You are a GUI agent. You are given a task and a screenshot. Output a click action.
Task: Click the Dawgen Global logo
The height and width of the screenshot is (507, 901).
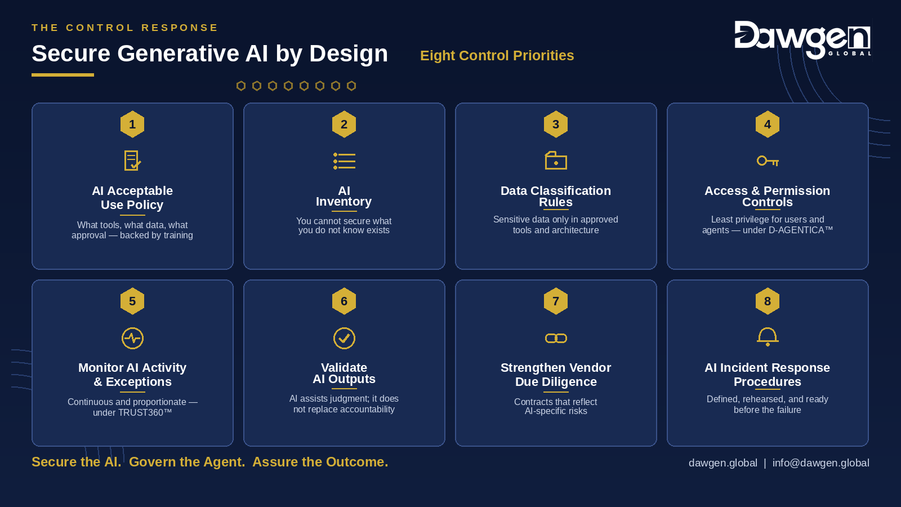[x=802, y=39]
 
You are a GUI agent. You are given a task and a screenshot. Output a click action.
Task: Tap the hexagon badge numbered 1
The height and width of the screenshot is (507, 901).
[x=132, y=124]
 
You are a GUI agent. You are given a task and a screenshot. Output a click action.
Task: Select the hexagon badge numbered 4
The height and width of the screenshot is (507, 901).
[x=768, y=124]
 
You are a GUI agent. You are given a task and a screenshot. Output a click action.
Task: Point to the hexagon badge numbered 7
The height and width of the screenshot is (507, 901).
[x=556, y=301]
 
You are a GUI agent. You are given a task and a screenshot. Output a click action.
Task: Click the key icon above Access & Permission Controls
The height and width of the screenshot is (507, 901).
[x=768, y=161]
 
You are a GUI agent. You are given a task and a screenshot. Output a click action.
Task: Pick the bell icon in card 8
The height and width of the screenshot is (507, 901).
[x=768, y=337]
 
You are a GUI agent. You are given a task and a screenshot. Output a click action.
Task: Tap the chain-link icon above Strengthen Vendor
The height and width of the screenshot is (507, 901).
[x=556, y=339]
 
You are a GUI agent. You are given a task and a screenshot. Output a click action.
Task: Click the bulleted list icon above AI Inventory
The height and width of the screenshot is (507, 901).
[x=344, y=161]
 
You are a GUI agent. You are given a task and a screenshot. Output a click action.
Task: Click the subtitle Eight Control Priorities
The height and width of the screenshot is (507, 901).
[x=497, y=56]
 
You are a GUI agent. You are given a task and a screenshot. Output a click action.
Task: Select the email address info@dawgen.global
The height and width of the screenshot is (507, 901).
[x=820, y=462]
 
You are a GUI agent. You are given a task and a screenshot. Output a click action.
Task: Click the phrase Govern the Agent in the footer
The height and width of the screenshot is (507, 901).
[x=186, y=462]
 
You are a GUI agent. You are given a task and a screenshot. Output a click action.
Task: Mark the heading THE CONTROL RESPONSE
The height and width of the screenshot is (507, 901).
[x=124, y=28]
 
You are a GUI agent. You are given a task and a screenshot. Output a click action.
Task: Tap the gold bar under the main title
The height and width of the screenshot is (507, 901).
[x=63, y=75]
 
